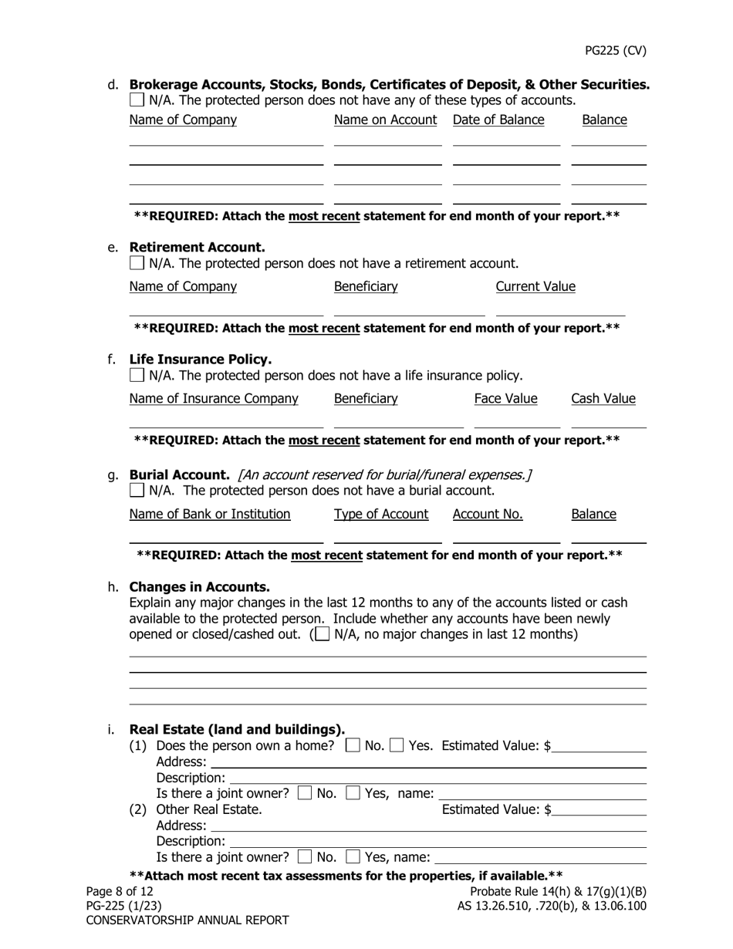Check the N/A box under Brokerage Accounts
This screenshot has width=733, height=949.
pos(137,100)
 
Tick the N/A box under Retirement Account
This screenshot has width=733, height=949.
pos(137,263)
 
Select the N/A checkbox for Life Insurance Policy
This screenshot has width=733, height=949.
pos(137,376)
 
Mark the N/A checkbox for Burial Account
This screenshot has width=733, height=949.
pos(137,490)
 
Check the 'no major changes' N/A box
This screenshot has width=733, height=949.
pos(323,634)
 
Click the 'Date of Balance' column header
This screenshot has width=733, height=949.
pos(498,120)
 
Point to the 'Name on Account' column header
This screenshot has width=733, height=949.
pos(386,120)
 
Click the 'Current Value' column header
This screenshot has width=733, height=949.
pos(535,287)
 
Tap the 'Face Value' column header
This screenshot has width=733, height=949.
pos(505,399)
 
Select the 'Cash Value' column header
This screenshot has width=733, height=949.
pos(603,399)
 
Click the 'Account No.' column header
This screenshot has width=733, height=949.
pos(488,514)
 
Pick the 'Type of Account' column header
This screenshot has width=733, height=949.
pos(381,514)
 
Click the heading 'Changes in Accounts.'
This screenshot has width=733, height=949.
pos(200,586)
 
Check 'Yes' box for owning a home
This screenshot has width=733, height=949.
pos(397,745)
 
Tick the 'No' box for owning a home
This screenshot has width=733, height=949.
pos(353,745)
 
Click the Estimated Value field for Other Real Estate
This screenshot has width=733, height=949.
pos(600,810)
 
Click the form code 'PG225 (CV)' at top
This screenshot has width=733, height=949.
pos(615,51)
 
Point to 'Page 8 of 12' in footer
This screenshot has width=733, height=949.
pos(120,892)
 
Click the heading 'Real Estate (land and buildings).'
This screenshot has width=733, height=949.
pos(237,729)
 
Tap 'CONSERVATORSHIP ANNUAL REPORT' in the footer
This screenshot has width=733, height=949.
pos(187,920)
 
